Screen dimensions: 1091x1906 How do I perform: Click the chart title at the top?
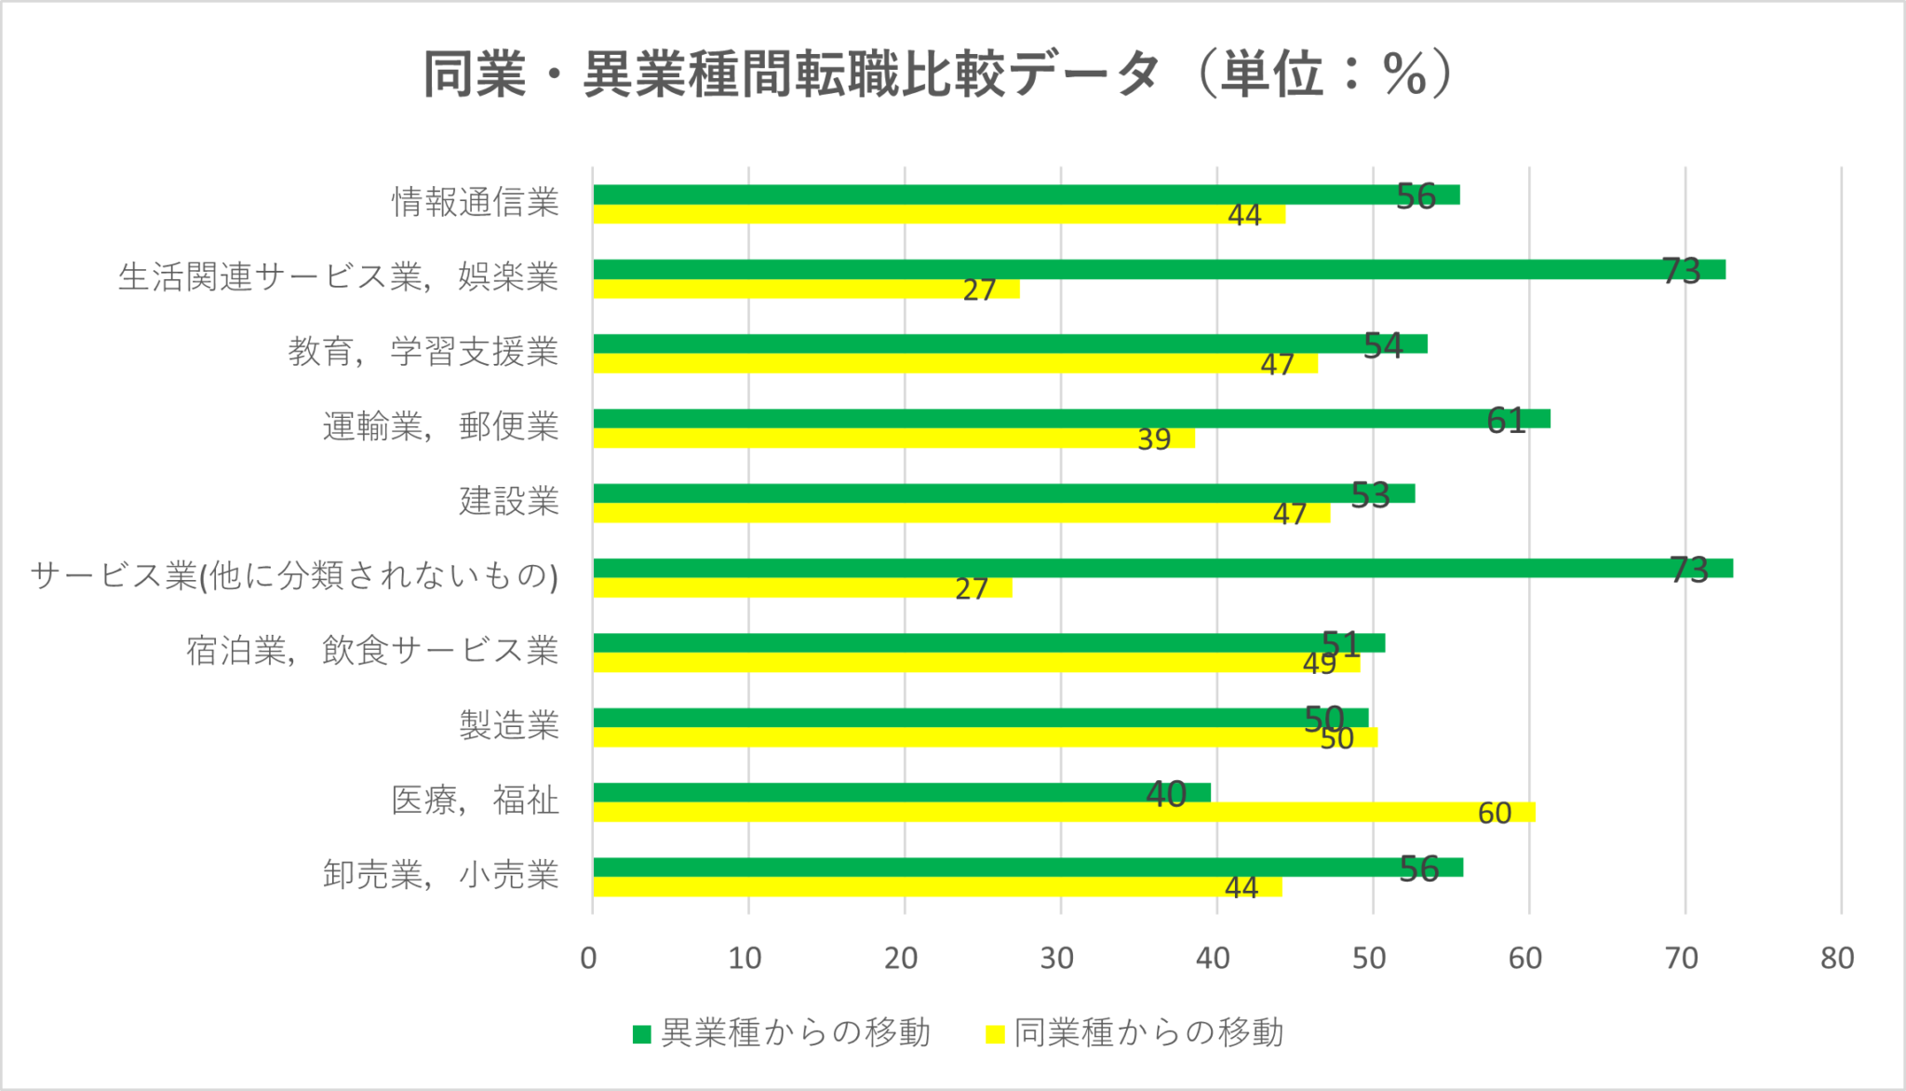pos(938,74)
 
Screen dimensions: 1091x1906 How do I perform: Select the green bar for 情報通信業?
pos(1024,195)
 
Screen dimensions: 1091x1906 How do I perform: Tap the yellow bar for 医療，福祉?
pos(1061,813)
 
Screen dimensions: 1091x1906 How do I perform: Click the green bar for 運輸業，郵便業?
pos(1070,419)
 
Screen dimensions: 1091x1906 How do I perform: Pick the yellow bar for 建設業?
pos(959,513)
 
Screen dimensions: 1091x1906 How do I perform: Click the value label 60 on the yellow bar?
pos(1495,814)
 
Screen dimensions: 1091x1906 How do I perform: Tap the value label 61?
pos(1506,421)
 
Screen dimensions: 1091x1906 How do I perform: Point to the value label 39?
pos(1154,439)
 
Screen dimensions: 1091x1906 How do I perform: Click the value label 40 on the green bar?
pos(1166,794)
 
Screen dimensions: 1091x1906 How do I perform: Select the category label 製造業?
pos(509,725)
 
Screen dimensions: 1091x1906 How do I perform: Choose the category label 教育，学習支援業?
pos(423,352)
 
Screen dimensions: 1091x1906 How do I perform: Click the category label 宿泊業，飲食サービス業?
pos(372,651)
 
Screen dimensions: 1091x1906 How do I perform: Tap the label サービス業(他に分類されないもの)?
pos(294,576)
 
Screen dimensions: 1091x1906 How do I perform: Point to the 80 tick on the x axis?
pos(1838,958)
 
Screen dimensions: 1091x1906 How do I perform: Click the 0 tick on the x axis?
pos(588,958)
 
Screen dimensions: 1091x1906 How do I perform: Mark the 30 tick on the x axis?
pos(1057,958)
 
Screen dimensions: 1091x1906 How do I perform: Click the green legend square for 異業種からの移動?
pos(641,1034)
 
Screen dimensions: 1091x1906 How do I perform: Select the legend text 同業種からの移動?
pos(1148,1033)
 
